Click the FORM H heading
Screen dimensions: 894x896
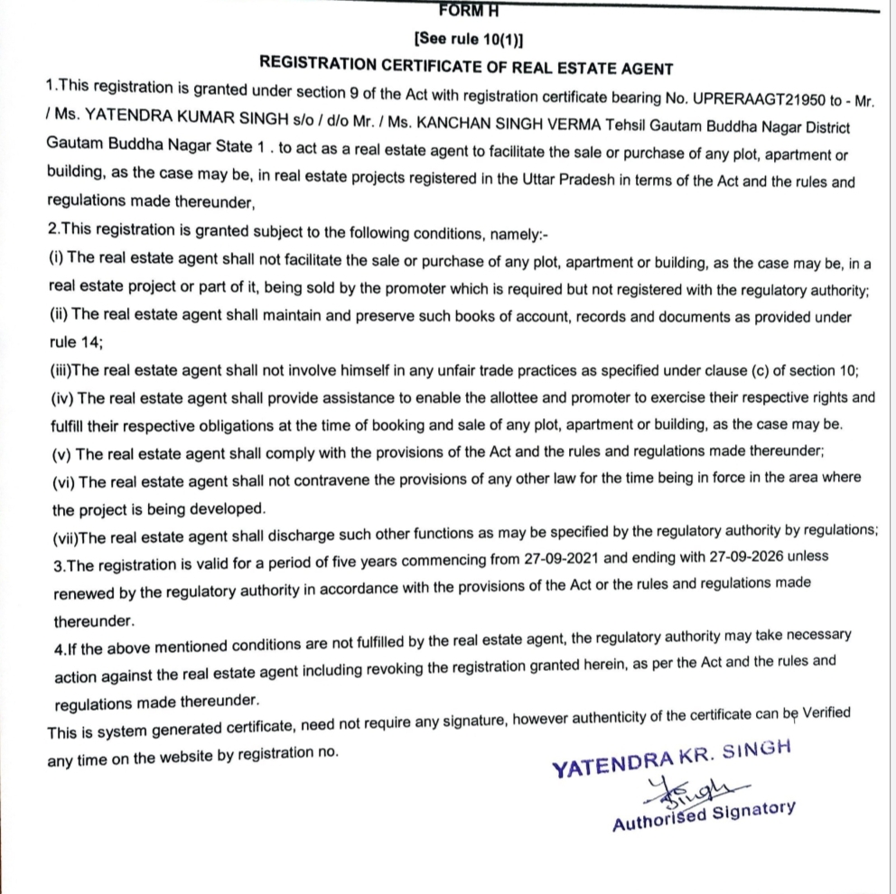click(x=468, y=11)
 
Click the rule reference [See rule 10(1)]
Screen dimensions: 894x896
click(x=467, y=39)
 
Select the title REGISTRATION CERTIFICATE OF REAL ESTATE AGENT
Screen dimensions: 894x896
click(x=466, y=66)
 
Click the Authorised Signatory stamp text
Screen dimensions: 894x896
click(x=703, y=815)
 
